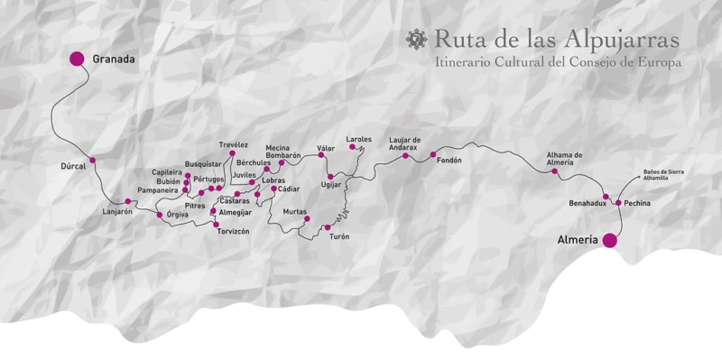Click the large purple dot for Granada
(77, 59)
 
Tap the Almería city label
(579, 241)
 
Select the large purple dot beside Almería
(610, 240)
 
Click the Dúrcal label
(72, 167)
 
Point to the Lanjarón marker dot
(128, 201)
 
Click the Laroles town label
(358, 139)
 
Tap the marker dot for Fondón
(433, 154)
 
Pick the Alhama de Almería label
(565, 158)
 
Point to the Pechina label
(636, 204)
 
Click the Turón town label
(339, 236)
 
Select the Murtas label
(295, 211)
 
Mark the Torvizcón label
(232, 231)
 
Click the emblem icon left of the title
(416, 39)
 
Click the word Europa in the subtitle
(656, 63)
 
